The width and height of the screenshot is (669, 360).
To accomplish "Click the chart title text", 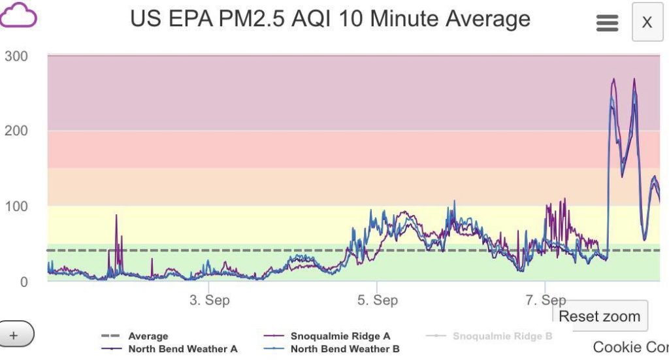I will (330, 18).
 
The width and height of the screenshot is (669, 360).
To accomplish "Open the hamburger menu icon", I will (607, 23).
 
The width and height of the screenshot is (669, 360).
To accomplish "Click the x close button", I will (647, 22).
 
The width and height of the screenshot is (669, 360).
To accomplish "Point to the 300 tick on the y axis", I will (16, 56).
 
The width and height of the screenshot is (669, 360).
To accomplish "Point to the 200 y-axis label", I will (16, 131).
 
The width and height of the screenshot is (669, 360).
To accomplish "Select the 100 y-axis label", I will (16, 206).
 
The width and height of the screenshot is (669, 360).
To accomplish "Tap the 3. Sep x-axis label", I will (209, 301).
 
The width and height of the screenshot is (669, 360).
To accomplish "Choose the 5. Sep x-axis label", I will (377, 301).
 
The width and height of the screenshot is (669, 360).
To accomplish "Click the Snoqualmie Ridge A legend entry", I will (340, 336).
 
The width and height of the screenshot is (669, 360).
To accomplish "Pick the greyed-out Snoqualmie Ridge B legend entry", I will (502, 336).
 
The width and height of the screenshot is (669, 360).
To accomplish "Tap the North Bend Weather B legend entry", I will (344, 349).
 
